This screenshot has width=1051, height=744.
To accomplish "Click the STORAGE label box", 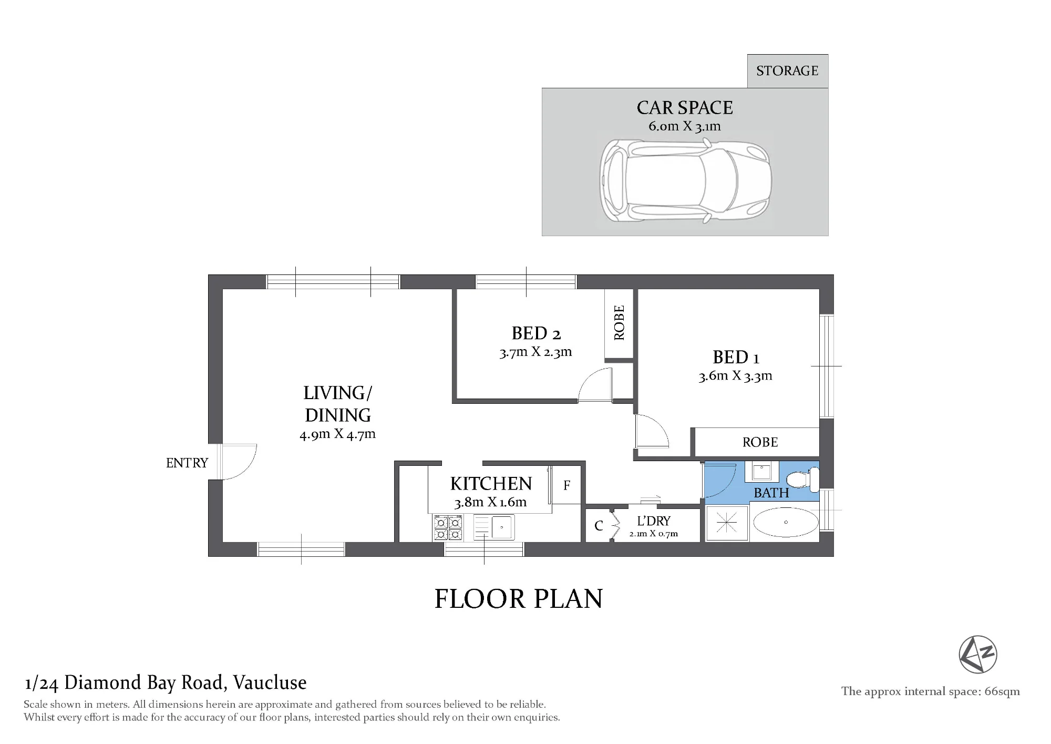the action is point(788,71).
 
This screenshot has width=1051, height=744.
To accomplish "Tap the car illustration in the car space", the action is point(685,181).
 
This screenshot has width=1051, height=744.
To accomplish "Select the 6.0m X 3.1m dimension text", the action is point(685,126).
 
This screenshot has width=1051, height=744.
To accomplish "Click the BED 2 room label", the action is point(536,333).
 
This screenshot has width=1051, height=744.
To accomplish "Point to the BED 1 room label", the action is point(736,358).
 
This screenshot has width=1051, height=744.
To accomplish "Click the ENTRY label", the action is point(187,463).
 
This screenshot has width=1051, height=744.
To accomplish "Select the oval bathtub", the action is point(786,523).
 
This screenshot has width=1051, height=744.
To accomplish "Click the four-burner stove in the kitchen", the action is point(448,528).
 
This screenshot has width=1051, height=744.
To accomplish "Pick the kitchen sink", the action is point(494,527).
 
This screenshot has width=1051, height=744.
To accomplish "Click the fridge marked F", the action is point(566,485).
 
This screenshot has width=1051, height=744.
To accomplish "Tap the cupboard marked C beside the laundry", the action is point(599,526).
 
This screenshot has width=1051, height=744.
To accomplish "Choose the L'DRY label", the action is point(654,521).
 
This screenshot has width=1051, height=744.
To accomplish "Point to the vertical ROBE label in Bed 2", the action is point(619,323).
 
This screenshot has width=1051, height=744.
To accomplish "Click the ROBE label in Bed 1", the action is point(760,442).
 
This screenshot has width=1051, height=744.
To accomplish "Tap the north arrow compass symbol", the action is point(978,654).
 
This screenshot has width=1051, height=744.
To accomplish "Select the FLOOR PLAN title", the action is point(519,599).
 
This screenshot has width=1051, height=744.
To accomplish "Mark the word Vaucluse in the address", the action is point(270,682).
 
